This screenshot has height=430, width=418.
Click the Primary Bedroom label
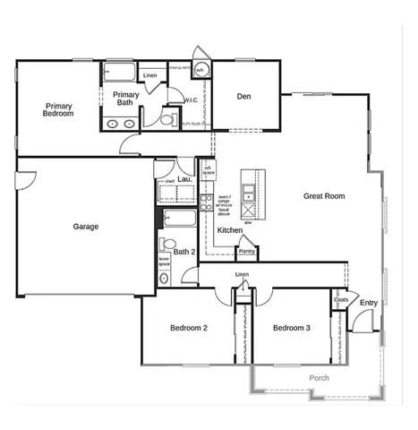click(x=58, y=110)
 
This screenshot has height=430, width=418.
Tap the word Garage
click(x=86, y=227)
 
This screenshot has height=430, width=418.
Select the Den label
click(x=243, y=97)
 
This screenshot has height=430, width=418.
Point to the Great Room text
click(x=324, y=196)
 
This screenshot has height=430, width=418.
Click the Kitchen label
click(x=230, y=230)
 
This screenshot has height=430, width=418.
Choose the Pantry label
click(x=247, y=252)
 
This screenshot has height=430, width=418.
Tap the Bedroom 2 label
click(x=189, y=329)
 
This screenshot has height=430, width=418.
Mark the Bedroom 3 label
click(x=292, y=329)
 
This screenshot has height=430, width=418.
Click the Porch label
click(x=319, y=378)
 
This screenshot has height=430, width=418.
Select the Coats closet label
click(x=341, y=299)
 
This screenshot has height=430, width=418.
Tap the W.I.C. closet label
click(x=191, y=100)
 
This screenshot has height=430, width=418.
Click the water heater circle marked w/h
click(x=201, y=70)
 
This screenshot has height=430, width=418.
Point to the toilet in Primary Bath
click(x=168, y=116)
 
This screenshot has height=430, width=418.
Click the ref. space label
click(x=208, y=168)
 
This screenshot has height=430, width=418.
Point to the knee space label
click(x=165, y=262)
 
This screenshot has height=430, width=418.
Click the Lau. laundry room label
click(x=186, y=179)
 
